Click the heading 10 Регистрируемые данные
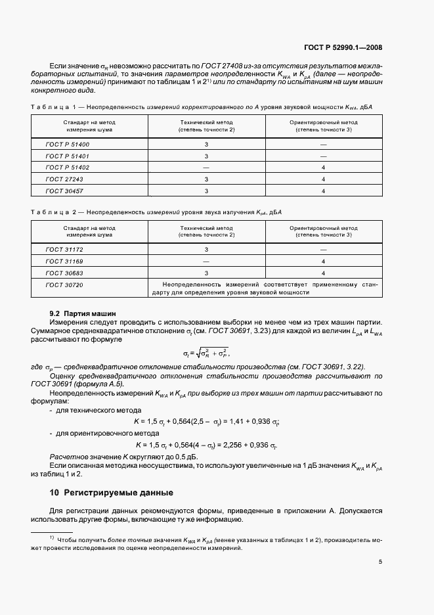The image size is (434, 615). pyautogui.click(x=102, y=491)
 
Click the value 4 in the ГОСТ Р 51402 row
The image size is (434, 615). pyautogui.click(x=324, y=167)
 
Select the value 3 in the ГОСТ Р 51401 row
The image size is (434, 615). pyautogui.click(x=206, y=156)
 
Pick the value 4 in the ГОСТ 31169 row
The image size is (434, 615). pyautogui.click(x=324, y=261)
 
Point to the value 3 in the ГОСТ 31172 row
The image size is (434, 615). pyautogui.click(x=206, y=249)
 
